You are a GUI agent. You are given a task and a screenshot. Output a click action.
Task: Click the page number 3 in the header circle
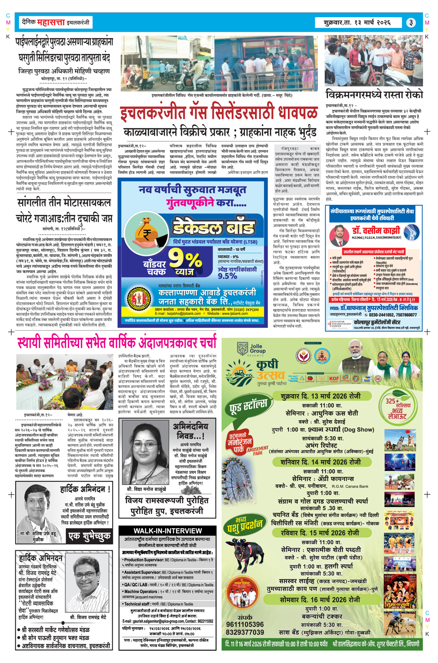[411, 23]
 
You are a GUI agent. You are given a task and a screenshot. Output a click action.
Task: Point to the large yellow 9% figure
[185, 260]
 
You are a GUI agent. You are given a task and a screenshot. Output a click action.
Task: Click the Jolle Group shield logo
[242, 349]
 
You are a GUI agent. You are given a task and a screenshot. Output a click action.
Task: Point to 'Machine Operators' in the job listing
[141, 591]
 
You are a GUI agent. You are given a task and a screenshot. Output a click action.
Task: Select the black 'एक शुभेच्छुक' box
[90, 536]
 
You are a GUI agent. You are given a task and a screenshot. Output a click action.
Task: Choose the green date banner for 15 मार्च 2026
[320, 533]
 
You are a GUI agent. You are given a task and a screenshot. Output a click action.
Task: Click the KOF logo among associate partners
[334, 378]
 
